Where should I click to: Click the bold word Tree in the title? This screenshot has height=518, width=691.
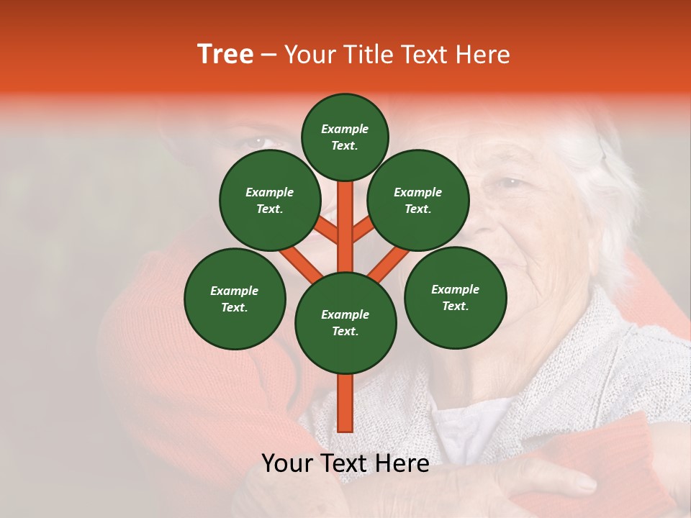click(225, 55)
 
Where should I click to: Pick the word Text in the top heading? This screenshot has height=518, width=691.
click(423, 55)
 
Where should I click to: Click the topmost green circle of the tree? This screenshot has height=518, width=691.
click(345, 137)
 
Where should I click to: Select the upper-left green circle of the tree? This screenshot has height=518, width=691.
click(269, 200)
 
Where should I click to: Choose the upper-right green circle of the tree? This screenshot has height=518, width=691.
click(418, 200)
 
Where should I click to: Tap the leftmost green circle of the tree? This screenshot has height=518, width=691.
click(235, 299)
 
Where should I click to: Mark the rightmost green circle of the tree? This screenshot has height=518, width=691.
click(455, 297)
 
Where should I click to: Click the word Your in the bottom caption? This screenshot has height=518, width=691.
click(286, 463)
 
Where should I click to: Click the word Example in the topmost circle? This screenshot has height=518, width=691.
click(345, 129)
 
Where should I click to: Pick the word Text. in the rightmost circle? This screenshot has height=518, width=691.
click(455, 306)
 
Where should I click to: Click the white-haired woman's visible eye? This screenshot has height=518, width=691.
click(510, 183)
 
